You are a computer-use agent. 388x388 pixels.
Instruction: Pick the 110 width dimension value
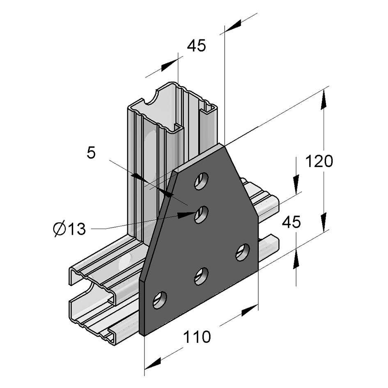click(197, 337)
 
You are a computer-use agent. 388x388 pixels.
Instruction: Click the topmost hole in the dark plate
click(201, 180)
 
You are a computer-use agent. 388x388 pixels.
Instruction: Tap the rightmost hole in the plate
click(242, 252)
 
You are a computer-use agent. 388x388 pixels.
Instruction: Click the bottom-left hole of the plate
click(160, 300)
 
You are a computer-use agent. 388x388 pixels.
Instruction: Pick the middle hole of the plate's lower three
click(201, 276)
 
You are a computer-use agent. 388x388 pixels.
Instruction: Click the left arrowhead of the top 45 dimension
click(170, 64)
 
